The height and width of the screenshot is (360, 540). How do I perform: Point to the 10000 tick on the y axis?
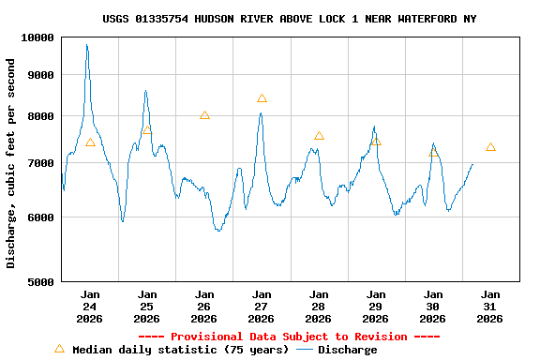pyautogui.click(x=37, y=37)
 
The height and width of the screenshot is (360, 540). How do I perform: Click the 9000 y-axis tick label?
pyautogui.click(x=40, y=75)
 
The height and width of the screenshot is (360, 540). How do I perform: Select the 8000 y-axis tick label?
pyautogui.click(x=40, y=116)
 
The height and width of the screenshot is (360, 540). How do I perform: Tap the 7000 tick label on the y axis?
pyautogui.click(x=40, y=163)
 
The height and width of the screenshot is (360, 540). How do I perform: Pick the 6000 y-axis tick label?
pyautogui.click(x=40, y=217)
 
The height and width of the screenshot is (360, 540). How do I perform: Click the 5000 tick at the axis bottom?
pyautogui.click(x=40, y=281)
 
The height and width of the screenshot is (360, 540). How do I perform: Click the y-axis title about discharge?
pyautogui.click(x=11, y=163)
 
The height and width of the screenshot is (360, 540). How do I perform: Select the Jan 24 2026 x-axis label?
pyautogui.click(x=90, y=307)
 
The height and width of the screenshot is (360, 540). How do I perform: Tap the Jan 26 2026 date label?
pyautogui.click(x=204, y=307)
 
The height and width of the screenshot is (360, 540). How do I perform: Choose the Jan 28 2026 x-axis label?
pyautogui.click(x=319, y=307)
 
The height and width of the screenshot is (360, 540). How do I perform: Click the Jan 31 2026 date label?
pyautogui.click(x=490, y=307)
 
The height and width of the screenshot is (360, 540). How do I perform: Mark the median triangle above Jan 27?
pyautogui.click(x=262, y=98)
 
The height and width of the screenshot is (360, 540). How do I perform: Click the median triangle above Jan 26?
pyautogui.click(x=204, y=115)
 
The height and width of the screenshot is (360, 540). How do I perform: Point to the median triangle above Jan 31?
pyautogui.click(x=490, y=147)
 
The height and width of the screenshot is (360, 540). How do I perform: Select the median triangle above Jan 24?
pyautogui.click(x=90, y=142)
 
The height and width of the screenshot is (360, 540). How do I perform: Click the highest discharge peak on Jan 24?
pyautogui.click(x=87, y=45)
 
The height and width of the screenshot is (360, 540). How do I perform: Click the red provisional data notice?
pyautogui.click(x=289, y=337)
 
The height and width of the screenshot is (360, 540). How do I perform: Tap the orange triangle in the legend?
pyautogui.click(x=59, y=349)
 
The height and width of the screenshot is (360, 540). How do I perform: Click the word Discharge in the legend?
pyautogui.click(x=347, y=350)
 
